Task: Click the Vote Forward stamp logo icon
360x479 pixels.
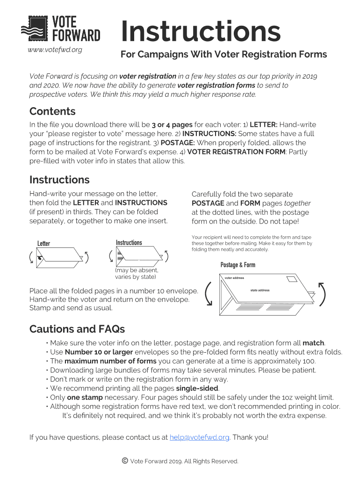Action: (35, 29)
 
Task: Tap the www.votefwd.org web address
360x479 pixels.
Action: (55, 50)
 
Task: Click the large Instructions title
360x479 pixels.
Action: (201, 31)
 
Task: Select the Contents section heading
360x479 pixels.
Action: (52, 111)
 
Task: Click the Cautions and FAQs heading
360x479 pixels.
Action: (77, 329)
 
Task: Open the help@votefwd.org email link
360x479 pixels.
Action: (200, 437)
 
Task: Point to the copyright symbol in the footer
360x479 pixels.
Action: (125, 461)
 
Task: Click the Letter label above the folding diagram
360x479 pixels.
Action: (43, 244)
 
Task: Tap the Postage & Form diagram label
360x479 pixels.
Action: (238, 265)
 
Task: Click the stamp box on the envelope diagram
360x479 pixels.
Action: (292, 279)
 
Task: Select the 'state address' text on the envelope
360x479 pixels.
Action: (260, 290)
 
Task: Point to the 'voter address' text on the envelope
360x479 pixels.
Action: (234, 278)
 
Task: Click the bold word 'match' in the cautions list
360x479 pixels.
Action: (313, 343)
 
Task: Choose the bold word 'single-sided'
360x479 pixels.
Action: (197, 388)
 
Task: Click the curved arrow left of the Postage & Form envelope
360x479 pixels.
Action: (209, 294)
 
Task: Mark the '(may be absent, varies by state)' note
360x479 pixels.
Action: (137, 274)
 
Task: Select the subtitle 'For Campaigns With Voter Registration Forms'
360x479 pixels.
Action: (223, 54)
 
